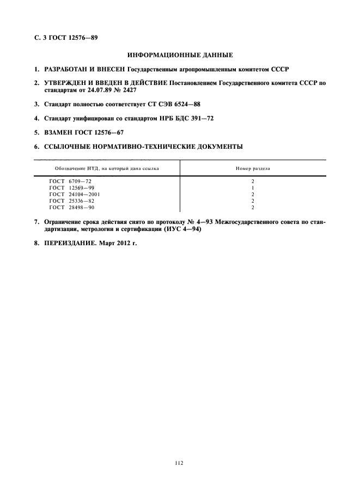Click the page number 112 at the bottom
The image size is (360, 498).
click(x=180, y=463)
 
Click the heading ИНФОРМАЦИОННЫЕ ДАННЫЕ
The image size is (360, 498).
click(x=180, y=55)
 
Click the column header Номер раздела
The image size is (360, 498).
click(x=253, y=168)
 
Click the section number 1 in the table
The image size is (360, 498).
click(x=253, y=187)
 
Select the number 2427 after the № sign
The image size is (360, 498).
click(x=130, y=90)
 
